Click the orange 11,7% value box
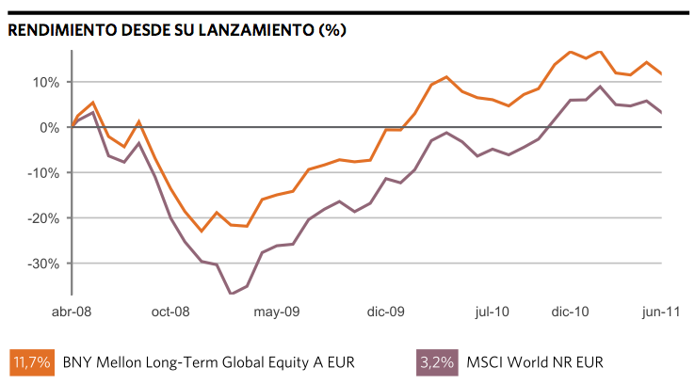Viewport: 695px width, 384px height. coord(31,361)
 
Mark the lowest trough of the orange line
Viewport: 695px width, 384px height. coord(202,231)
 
